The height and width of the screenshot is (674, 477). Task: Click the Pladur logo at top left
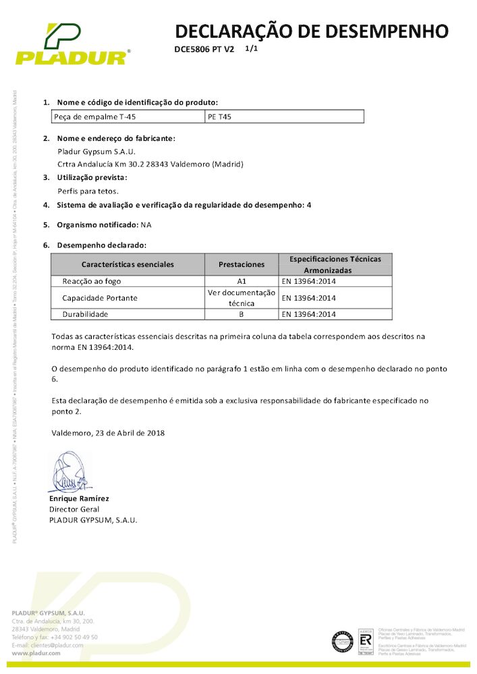point(71,44)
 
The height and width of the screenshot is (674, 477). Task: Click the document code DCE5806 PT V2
point(204,50)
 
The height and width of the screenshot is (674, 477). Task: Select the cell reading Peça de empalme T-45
point(89,117)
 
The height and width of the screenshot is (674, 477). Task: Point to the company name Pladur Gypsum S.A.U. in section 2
point(96,151)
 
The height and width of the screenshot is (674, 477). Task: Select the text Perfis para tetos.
point(88,191)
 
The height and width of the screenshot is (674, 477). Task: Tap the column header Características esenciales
point(128,264)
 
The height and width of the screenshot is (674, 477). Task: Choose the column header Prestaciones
point(242,264)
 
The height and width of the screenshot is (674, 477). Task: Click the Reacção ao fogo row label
point(92,281)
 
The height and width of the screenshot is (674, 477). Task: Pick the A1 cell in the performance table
point(242,281)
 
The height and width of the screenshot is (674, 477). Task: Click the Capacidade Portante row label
point(100,298)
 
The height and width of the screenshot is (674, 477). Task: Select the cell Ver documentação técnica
point(242,298)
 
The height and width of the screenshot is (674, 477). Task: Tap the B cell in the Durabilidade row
point(242,314)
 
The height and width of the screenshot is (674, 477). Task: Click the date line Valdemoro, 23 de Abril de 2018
point(108,433)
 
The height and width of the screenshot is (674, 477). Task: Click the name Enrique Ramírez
point(79,498)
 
